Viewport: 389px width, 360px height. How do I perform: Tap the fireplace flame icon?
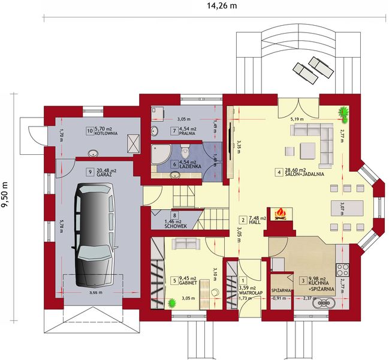click(279, 213)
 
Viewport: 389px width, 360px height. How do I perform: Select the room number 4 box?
click(278, 173)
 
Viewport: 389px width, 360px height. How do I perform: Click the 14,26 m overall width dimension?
click(217, 7)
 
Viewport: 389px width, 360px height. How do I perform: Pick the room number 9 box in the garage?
click(89, 170)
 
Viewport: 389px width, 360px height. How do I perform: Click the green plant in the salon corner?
click(344, 112)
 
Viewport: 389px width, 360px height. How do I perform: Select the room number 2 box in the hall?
click(242, 219)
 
